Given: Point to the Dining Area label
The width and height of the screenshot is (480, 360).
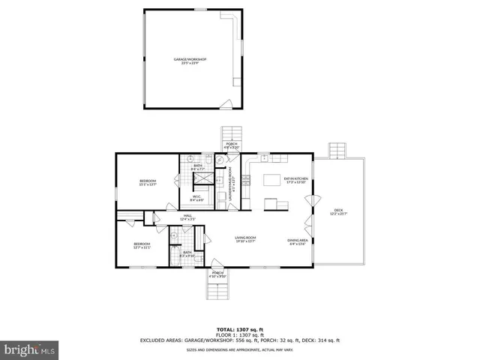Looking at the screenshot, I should (298, 241).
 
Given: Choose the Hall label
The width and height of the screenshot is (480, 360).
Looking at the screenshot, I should (188, 217).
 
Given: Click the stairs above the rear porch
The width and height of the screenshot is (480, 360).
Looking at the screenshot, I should (229, 135).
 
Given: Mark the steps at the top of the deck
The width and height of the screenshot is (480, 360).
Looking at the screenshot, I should (337, 150).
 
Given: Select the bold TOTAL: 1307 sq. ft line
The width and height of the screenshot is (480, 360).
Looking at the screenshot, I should (240, 328).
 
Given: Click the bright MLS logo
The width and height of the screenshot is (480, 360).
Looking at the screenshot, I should (30, 349).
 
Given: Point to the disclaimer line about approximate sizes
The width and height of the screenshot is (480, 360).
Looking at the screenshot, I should (240, 349).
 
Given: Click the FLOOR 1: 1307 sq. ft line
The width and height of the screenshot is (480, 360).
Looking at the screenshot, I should (240, 334).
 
